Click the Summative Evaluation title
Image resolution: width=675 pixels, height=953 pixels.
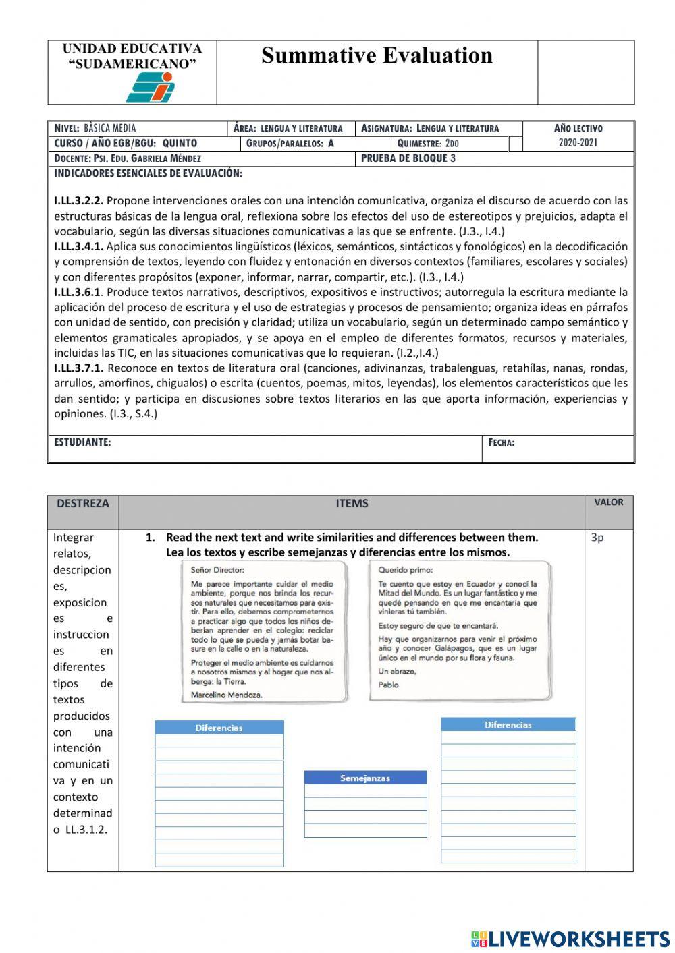click(x=377, y=55)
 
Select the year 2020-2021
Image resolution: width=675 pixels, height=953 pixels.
click(x=578, y=142)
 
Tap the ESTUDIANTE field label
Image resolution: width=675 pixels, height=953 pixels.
click(x=82, y=442)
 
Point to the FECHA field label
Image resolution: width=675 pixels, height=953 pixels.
click(x=502, y=443)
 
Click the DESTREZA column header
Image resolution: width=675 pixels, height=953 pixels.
click(x=82, y=503)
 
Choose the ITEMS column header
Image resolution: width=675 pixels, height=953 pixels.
click(x=352, y=503)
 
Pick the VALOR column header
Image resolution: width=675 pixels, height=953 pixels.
click(x=608, y=502)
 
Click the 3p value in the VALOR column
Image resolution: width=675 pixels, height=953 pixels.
click(x=597, y=538)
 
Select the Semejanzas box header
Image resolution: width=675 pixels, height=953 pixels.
click(x=365, y=778)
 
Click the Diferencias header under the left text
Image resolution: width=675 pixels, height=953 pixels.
click(x=219, y=728)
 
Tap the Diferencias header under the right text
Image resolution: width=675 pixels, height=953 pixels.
click(x=508, y=725)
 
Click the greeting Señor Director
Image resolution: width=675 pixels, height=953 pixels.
click(x=217, y=570)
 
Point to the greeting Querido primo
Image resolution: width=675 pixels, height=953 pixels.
click(x=406, y=570)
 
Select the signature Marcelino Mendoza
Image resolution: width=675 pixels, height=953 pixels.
click(x=227, y=695)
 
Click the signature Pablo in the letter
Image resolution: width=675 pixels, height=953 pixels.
click(x=389, y=685)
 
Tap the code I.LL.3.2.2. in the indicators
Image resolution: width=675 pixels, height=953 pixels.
click(x=79, y=200)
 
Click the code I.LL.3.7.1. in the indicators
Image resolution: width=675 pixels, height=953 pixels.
click(x=79, y=368)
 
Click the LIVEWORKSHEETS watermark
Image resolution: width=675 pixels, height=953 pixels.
click(x=570, y=939)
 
